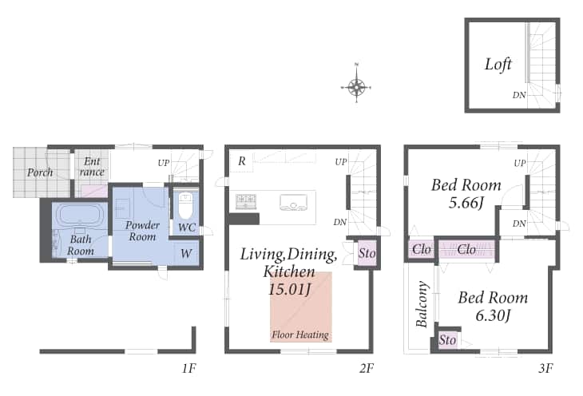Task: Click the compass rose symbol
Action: click(356, 87)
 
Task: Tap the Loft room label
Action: click(498, 65)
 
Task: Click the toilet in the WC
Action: click(185, 206)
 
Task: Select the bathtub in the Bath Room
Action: click(80, 215)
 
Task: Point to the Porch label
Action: click(40, 172)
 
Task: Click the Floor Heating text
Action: click(300, 335)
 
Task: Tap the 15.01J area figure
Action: click(290, 289)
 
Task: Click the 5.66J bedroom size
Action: click(466, 203)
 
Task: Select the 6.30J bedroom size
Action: click(493, 315)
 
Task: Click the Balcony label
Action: click(422, 304)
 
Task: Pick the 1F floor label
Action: click(188, 368)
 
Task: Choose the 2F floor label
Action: click(367, 368)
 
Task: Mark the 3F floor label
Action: click(545, 368)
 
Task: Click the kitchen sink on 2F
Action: click(293, 203)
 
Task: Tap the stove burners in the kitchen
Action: click(246, 201)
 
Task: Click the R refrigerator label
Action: click(242, 161)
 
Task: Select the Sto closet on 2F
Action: click(367, 253)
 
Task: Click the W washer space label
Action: click(186, 254)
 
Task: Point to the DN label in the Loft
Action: click(519, 95)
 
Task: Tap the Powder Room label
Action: click(142, 231)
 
